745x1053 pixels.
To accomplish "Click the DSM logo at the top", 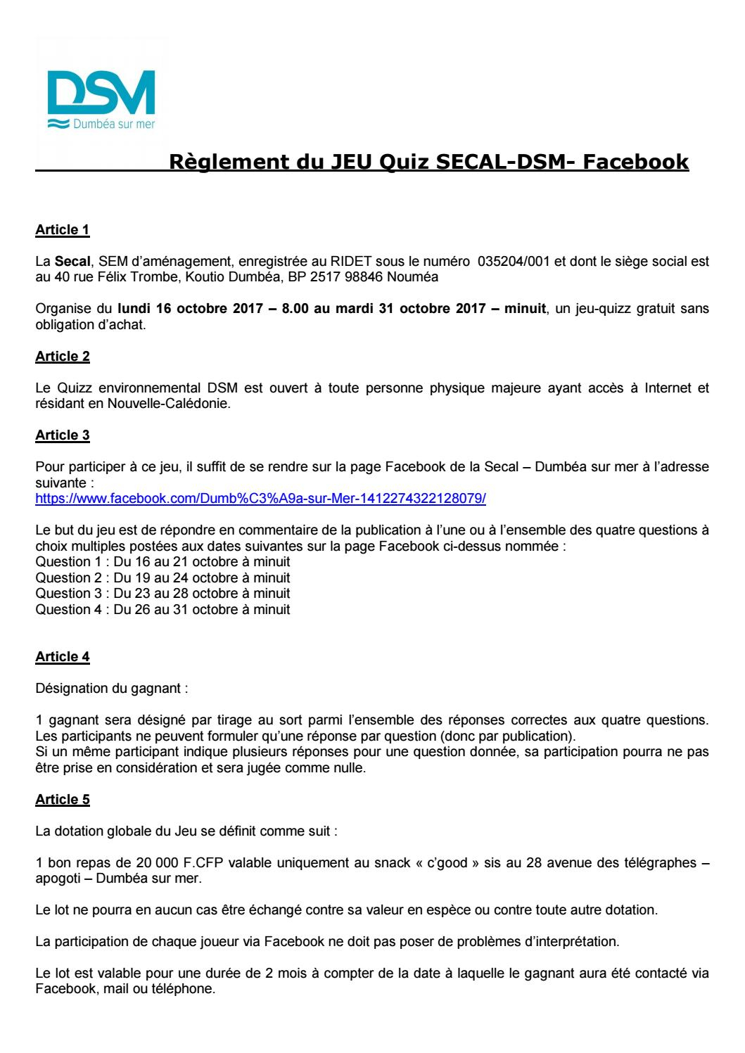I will [103, 99].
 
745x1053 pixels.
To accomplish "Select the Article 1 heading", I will [63, 229].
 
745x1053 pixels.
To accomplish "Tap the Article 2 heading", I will [63, 357].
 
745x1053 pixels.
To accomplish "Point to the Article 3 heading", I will [63, 435].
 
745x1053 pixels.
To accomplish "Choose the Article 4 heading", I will [63, 657].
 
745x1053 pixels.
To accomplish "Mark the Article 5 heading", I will [63, 800].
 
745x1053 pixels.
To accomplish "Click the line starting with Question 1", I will [163, 563].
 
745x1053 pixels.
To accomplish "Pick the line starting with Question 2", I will [163, 578].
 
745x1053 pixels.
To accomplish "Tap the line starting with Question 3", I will [163, 594].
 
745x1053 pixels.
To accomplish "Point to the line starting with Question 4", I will [163, 609].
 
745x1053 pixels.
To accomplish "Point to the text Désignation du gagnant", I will [111, 689].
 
